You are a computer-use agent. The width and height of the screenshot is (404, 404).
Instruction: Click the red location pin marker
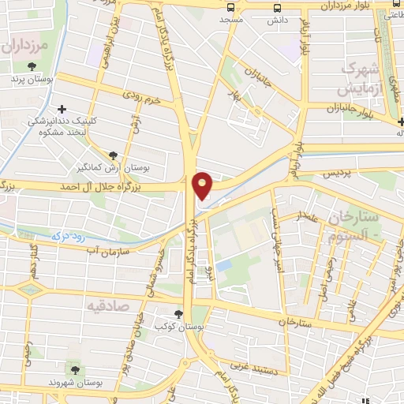pos(203,185)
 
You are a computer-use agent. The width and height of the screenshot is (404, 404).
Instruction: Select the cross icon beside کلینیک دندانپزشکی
pos(62,109)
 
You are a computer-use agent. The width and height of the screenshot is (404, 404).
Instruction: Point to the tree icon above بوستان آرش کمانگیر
pos(115,155)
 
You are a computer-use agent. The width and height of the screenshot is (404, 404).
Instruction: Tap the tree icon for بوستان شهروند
pos(75,368)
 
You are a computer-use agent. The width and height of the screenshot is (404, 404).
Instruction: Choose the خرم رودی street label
pos(142,97)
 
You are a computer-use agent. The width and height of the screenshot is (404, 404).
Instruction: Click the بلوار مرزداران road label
pos(342,6)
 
